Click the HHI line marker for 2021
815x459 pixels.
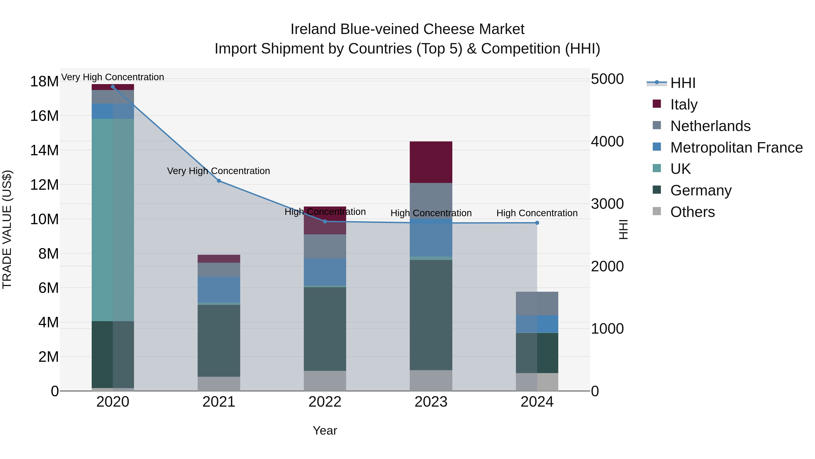click(219, 181)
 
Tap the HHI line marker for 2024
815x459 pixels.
click(537, 223)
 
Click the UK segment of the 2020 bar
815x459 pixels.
click(113, 220)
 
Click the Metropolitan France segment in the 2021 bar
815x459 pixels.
click(219, 289)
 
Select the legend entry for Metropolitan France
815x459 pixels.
click(736, 148)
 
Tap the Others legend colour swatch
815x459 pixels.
click(657, 211)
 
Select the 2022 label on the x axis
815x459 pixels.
click(325, 402)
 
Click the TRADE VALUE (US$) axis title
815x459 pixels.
click(7, 229)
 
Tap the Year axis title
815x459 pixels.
click(325, 430)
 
